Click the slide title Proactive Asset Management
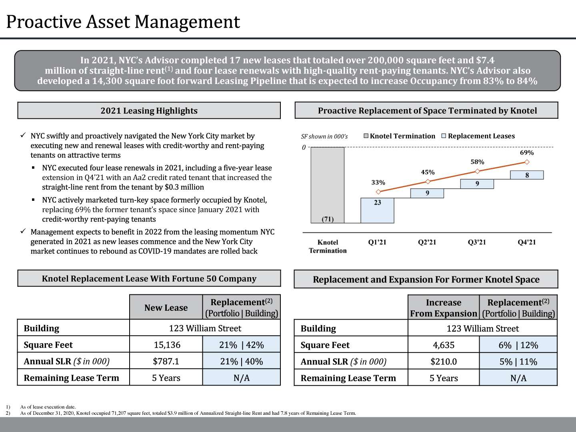[x=123, y=22]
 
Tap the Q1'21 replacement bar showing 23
[x=377, y=210]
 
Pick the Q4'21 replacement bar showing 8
[x=527, y=175]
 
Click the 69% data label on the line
[x=527, y=153]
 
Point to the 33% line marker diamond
[x=378, y=192]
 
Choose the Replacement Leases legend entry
[x=478, y=136]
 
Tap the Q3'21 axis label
[x=477, y=242]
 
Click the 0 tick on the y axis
[x=304, y=147]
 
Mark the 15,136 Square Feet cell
[x=167, y=345]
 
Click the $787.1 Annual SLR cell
[x=166, y=362]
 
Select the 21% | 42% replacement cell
[x=241, y=345]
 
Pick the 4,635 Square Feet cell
[x=444, y=345]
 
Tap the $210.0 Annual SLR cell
[x=444, y=362]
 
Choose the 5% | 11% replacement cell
[x=518, y=362]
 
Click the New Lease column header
[x=166, y=308]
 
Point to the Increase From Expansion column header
[x=444, y=308]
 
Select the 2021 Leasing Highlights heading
[x=149, y=111]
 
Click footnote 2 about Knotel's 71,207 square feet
[x=188, y=413]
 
